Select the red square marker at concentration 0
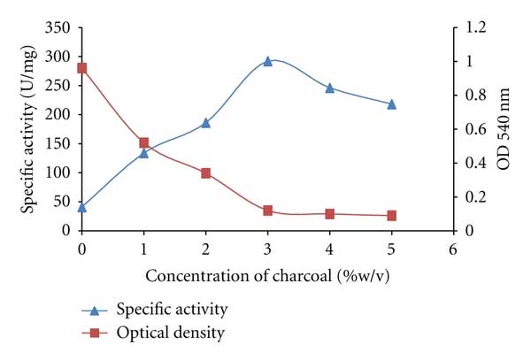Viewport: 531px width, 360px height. point(82,68)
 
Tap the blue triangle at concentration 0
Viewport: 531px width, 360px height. point(82,207)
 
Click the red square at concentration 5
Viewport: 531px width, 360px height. point(391,216)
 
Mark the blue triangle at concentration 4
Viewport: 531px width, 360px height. point(329,88)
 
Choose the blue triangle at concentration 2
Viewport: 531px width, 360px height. point(205,123)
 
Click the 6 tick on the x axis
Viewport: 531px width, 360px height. point(453,249)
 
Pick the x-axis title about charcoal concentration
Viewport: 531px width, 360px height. point(267,275)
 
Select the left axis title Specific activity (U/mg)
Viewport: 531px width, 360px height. point(29,129)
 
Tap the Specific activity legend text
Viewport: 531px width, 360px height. point(173,310)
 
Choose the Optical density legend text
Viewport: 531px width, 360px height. point(171,333)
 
